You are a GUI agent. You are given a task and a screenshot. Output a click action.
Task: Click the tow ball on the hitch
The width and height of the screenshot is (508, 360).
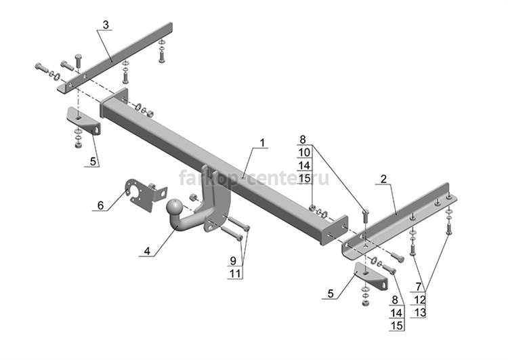click(x=175, y=207)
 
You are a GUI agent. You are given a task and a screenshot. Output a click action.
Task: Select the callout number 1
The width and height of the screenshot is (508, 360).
click(x=262, y=142)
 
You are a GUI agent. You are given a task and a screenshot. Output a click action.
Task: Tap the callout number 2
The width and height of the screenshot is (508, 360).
click(x=383, y=179)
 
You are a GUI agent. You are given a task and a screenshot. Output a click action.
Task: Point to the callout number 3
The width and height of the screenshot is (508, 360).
click(x=106, y=24)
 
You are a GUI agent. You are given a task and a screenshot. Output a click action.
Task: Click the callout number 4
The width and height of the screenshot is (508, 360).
click(x=148, y=251)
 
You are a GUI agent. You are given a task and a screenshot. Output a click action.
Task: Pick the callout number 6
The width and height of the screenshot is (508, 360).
click(x=100, y=205)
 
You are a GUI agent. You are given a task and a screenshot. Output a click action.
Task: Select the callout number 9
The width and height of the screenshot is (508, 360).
click(x=233, y=260)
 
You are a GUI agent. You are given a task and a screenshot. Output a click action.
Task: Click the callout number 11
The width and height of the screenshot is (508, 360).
click(x=235, y=274)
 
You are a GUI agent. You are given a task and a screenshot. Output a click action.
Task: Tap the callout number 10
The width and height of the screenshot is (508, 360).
click(x=304, y=153)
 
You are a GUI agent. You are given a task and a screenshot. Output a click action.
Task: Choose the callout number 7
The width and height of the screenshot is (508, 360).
click(x=419, y=287)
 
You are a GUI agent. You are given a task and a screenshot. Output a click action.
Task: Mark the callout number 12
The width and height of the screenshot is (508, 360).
click(x=420, y=300)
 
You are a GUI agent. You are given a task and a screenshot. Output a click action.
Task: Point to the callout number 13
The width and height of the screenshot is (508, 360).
click(x=420, y=313)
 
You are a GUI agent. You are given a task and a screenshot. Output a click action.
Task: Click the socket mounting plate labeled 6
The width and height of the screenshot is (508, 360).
click(x=145, y=195)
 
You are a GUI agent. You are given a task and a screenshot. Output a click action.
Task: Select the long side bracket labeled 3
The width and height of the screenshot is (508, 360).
click(x=115, y=58)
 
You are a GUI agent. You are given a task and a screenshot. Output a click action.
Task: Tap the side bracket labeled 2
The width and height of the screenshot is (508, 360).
click(x=399, y=220)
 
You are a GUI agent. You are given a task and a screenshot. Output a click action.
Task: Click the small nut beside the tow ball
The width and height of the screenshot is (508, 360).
click(x=193, y=197)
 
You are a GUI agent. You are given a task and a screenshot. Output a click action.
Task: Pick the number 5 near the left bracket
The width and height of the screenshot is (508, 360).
click(x=93, y=161)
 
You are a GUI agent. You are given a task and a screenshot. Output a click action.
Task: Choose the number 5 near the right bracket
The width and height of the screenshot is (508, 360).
click(x=331, y=294)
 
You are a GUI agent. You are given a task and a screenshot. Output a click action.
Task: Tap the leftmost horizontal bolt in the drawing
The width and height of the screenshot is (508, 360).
click(x=41, y=68)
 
